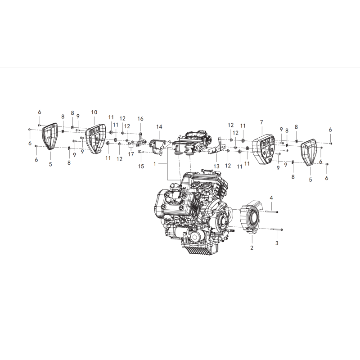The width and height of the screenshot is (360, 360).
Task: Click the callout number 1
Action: tap(154, 164)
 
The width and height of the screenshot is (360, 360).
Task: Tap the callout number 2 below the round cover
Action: tap(252, 247)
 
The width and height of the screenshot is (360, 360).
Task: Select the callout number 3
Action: tap(277, 243)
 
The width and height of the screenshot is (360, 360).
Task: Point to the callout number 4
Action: tap(271, 198)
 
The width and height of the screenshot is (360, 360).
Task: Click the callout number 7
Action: tap(261, 122)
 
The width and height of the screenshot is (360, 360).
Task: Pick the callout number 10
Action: tap(94, 112)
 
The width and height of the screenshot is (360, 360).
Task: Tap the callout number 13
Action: tap(216, 166)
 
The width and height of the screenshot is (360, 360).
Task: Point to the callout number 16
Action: tap(140, 118)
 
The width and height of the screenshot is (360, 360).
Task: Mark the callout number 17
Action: tap(131, 154)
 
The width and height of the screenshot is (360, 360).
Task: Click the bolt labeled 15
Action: tap(140, 153)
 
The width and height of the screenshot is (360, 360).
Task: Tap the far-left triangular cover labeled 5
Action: tap(49, 136)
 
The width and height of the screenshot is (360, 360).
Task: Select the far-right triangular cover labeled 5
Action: tap(310, 151)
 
